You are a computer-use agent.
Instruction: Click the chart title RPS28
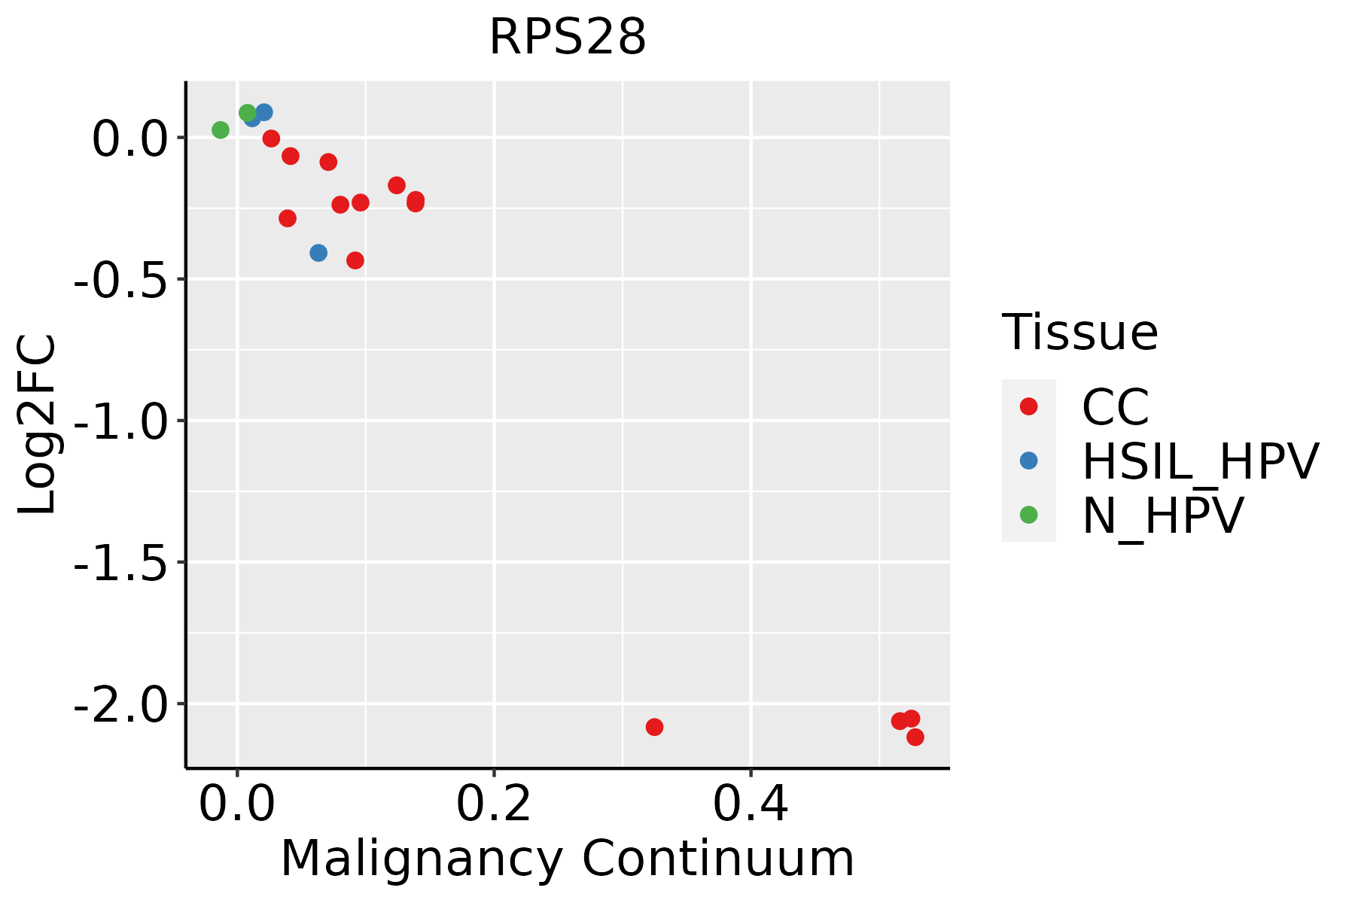pos(568,38)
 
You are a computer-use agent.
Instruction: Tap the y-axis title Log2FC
pos(38,424)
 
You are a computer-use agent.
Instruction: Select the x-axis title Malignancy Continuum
pos(568,859)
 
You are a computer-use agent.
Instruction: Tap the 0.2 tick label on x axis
pos(494,804)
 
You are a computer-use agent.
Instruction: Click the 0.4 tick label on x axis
pos(751,804)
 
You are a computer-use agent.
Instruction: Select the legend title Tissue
pos(1079,333)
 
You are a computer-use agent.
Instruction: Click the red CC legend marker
pos(1028,406)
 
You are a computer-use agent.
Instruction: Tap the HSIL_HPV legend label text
pos(1200,461)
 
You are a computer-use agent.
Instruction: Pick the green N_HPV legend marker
pos(1028,515)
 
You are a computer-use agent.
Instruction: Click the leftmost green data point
pos(221,130)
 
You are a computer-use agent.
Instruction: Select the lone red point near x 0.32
pos(654,727)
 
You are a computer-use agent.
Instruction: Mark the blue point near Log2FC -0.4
pos(318,253)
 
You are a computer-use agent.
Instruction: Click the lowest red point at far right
pos(915,737)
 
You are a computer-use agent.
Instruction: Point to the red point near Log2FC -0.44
pos(355,260)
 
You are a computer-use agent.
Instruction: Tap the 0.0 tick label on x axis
pos(236,804)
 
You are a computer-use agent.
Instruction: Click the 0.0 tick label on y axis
pos(128,139)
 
